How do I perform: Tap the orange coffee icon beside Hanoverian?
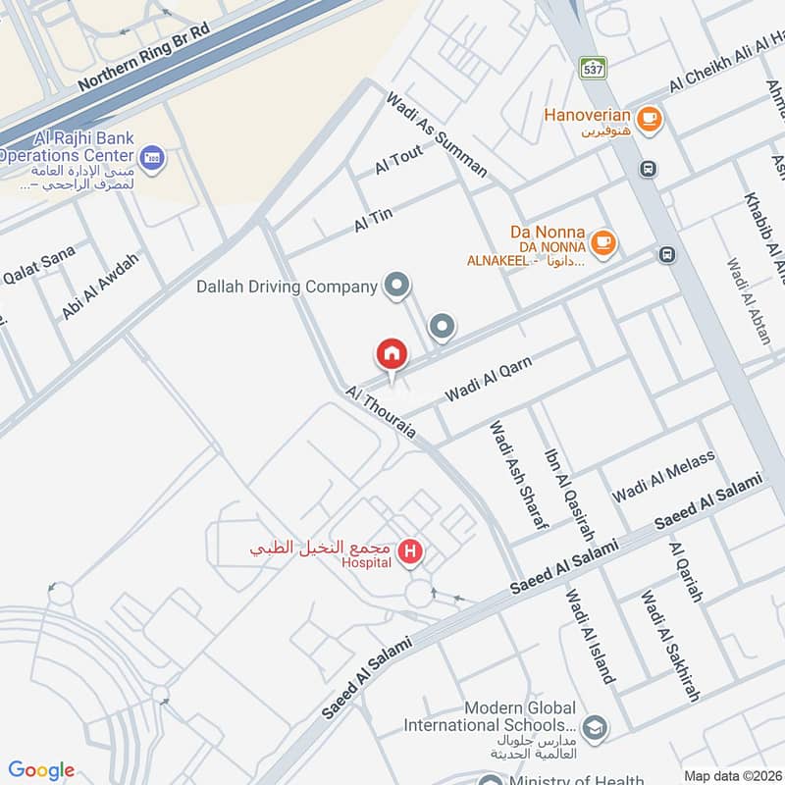[648, 120]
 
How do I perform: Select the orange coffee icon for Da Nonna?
[604, 241]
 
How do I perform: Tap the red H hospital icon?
[411, 553]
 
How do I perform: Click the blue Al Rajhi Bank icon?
[152, 156]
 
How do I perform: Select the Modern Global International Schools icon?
[593, 727]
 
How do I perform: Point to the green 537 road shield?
[593, 68]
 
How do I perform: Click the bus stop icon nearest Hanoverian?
[649, 169]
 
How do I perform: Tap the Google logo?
[41, 770]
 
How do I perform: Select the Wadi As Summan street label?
[437, 134]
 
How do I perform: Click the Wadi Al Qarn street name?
[488, 380]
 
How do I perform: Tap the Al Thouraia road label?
[382, 413]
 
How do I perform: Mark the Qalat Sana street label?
[39, 264]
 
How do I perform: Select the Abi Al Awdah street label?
[101, 286]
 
